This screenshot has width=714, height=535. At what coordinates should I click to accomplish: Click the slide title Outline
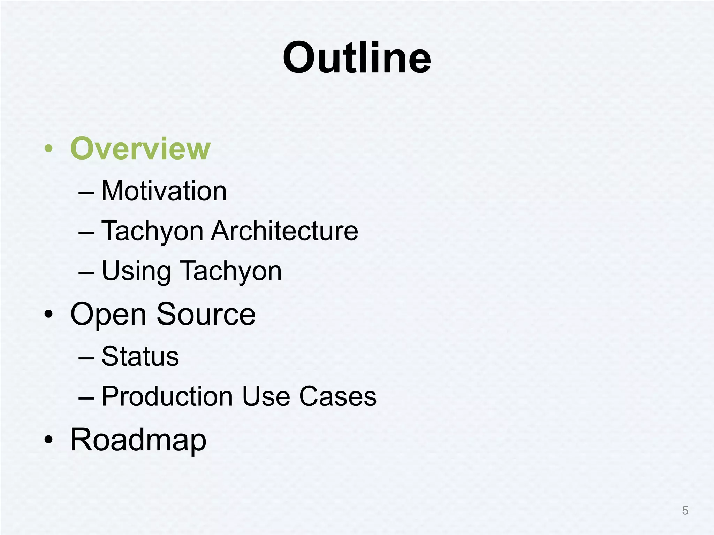(357, 58)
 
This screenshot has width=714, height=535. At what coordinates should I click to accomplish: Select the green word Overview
(140, 149)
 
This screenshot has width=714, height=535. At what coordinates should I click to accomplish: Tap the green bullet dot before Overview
(49, 149)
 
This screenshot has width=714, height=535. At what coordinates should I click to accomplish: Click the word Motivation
(164, 191)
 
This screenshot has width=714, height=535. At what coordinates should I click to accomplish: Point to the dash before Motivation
(86, 193)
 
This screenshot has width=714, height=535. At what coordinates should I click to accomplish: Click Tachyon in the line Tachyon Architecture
(152, 232)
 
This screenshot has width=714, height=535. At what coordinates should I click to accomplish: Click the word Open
(108, 315)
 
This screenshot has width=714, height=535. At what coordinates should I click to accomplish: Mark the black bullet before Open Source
(49, 315)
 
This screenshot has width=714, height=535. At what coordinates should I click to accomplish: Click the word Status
(140, 356)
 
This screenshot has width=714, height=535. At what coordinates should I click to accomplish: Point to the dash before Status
(86, 358)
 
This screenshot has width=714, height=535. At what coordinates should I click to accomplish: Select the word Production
(167, 396)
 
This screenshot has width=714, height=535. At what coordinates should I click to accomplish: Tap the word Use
(266, 396)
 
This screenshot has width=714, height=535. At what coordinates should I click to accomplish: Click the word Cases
(338, 396)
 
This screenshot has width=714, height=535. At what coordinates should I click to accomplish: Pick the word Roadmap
(138, 440)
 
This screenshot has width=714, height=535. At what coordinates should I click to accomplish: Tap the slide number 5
(685, 511)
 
